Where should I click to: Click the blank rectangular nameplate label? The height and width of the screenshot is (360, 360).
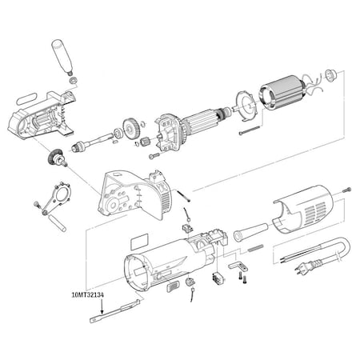[x=138, y=239]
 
